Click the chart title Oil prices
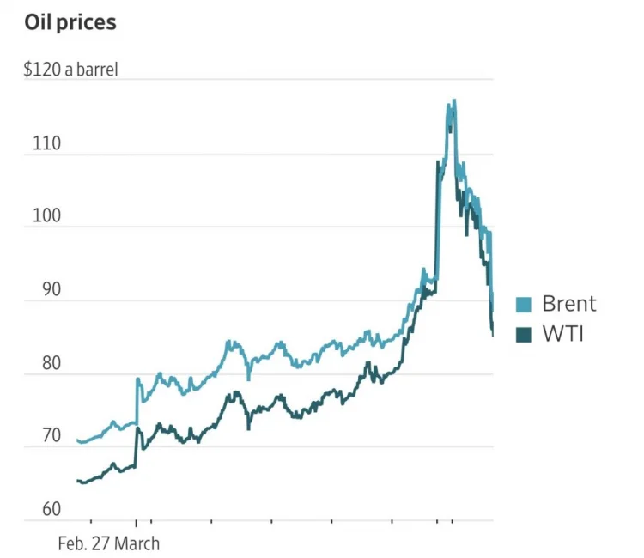point(70,23)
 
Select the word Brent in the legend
point(568,303)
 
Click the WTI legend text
point(562,333)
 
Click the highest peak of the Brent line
point(453,100)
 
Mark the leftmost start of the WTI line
point(77,481)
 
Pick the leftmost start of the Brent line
point(77,440)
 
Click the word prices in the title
point(88,23)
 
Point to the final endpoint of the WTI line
point(493,335)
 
